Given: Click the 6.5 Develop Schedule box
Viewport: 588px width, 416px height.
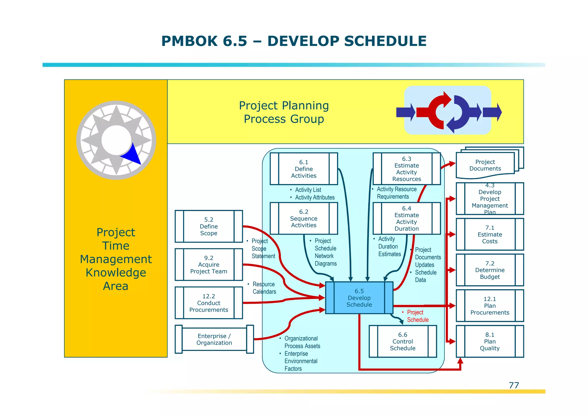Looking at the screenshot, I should point(359,298).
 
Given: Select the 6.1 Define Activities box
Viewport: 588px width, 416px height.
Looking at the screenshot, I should point(304,169).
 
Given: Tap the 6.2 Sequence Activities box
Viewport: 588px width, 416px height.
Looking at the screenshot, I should point(304,218).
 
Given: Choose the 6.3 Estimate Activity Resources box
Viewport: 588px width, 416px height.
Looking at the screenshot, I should point(407,169).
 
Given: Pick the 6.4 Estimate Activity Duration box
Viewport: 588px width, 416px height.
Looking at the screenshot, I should point(407,218).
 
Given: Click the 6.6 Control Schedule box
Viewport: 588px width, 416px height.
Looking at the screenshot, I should point(403,342).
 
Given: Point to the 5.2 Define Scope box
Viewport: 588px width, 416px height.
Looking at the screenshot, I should point(209,227).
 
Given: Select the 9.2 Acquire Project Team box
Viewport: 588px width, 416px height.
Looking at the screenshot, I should point(209,265).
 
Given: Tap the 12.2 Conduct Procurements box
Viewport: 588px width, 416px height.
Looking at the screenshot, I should point(209,303).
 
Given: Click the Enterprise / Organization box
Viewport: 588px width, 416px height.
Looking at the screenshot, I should point(214,339).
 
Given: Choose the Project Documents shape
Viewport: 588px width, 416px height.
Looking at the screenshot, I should point(485,165).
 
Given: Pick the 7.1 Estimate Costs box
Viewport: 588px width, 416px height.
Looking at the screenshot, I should point(490,235).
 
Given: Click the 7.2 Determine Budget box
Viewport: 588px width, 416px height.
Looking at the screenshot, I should point(490,270).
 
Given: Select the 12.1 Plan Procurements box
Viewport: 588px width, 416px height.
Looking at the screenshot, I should point(490,306).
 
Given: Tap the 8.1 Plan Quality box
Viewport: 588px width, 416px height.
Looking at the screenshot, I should point(490,342).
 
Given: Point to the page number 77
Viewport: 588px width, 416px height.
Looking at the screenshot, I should point(514,385).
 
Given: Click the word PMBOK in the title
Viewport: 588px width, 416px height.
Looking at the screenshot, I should point(189,41).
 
